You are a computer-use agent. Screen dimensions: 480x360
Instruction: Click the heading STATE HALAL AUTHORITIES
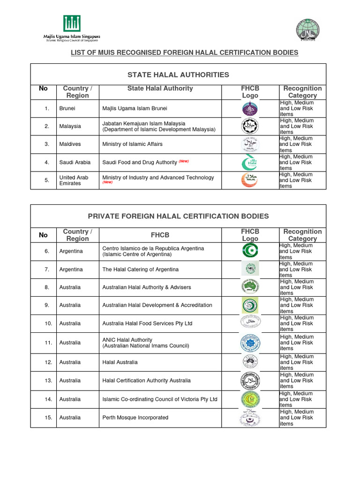pos(178,75)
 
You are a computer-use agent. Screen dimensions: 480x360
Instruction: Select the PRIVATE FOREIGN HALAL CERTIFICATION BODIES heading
pos(178,216)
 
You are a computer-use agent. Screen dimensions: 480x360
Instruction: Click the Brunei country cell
pos(67,109)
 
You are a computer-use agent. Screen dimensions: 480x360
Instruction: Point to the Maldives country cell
pos(70,144)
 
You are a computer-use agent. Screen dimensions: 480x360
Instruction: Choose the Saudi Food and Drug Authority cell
pos(139,162)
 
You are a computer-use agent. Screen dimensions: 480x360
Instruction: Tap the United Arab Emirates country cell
pos(70,180)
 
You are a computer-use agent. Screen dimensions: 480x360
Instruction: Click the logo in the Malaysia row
pos(250,127)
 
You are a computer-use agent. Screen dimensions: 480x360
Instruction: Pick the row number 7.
pos(47,270)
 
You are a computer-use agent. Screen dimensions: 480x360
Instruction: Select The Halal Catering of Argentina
pos(140,270)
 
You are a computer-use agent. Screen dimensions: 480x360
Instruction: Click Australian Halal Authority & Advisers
pos(146,287)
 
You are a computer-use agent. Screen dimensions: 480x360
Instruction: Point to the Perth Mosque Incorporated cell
pos(135,417)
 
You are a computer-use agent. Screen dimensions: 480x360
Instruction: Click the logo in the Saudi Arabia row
pos(250,162)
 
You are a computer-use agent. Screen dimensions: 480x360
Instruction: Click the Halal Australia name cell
pos(120,362)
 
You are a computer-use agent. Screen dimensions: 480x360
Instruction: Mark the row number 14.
pos(47,399)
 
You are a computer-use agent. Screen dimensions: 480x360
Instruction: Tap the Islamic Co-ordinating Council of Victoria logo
pos(250,399)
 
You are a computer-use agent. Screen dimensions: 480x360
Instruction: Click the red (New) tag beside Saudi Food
pos(183,161)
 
